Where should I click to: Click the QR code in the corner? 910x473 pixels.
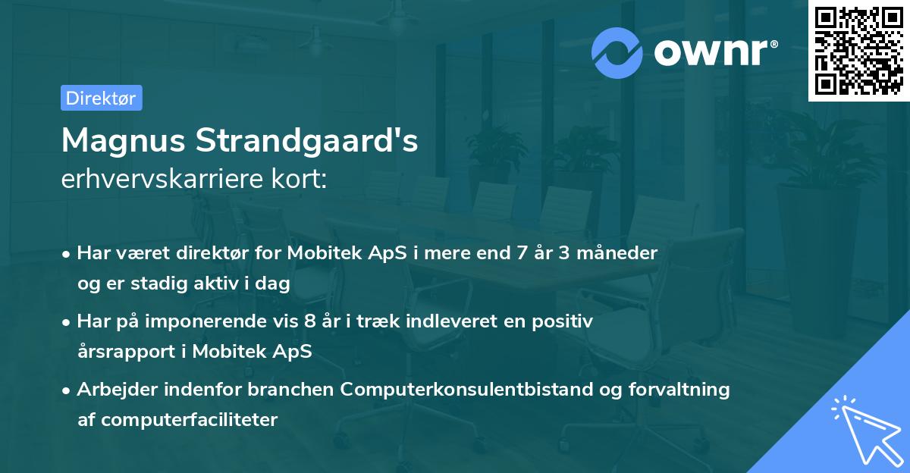[859, 50]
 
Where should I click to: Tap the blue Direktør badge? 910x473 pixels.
[101, 98]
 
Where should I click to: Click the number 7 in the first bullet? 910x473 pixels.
[521, 252]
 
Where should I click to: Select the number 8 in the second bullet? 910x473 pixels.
[309, 321]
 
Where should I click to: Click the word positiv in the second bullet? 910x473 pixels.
[563, 321]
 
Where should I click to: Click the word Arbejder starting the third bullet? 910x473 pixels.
[113, 390]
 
